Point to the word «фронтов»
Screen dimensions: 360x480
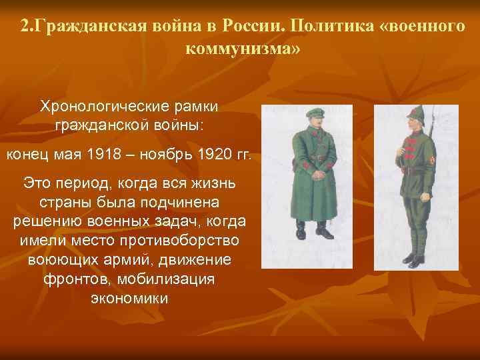click(x=71, y=279)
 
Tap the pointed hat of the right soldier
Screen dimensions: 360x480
click(x=417, y=114)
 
